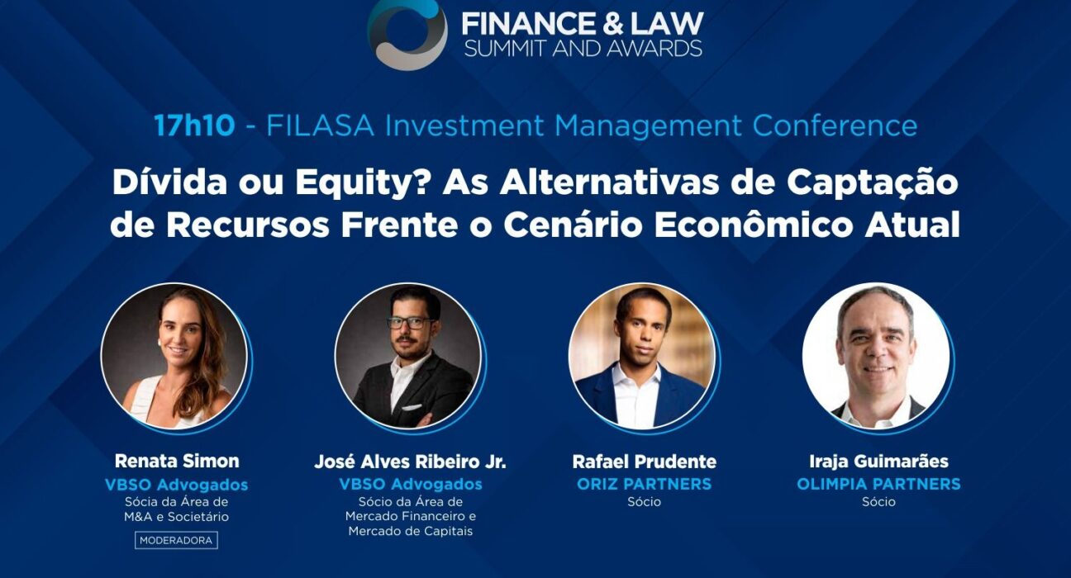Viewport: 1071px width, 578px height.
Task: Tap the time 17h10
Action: [194, 126]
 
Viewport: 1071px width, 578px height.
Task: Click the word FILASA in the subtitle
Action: [320, 126]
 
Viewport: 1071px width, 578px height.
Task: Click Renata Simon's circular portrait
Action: [174, 357]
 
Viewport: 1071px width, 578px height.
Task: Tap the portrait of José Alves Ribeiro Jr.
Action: [408, 357]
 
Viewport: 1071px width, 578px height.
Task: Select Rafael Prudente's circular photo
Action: [642, 357]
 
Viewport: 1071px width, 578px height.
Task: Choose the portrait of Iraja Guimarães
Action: [877, 357]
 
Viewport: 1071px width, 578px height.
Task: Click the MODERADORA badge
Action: [176, 540]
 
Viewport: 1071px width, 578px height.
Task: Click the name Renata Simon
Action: [177, 461]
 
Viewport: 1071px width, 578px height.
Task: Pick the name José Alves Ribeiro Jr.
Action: [410, 462]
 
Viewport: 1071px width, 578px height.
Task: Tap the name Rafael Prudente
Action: [644, 462]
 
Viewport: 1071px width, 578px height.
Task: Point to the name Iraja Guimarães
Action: [878, 462]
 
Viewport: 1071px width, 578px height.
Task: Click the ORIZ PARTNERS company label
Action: [644, 485]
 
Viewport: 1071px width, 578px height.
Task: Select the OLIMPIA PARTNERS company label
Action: [878, 485]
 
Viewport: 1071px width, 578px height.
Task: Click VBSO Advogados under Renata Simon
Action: [176, 485]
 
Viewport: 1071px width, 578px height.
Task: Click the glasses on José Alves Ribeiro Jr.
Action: [410, 323]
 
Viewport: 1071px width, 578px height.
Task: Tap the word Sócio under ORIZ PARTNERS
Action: [644, 502]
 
